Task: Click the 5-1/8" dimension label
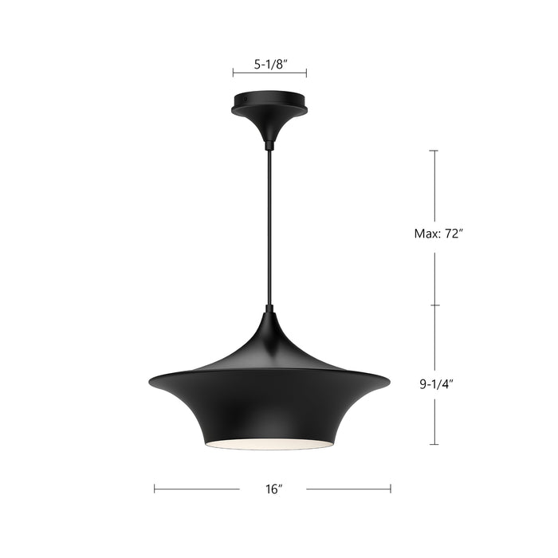[269, 66]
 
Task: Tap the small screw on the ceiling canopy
[246, 100]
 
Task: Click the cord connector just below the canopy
[269, 145]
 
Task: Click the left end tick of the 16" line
[155, 489]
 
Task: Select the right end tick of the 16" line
[391, 489]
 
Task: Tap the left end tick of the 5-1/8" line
[233, 73]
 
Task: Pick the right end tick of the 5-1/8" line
[306, 73]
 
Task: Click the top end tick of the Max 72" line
[434, 151]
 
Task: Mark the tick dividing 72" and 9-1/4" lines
[434, 305]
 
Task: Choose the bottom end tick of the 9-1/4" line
[434, 444]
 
